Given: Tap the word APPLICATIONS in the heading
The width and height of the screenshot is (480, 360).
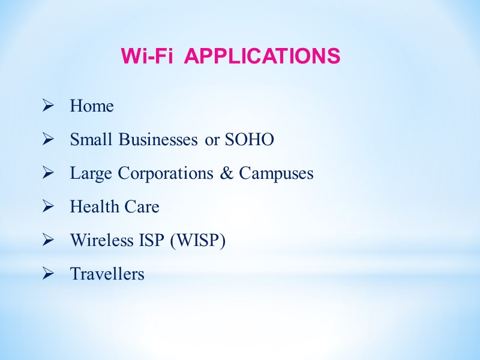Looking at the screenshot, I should point(262,56).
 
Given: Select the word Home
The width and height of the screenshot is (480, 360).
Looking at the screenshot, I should point(92,106).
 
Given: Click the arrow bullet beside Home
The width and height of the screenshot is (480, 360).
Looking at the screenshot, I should point(47,106).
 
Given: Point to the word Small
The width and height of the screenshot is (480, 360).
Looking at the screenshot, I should point(92,140).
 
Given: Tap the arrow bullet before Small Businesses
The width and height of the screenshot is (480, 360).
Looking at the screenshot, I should point(47,140).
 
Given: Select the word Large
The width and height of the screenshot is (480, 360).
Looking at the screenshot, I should point(92,173).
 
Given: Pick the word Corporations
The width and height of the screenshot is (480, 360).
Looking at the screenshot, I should point(166,173).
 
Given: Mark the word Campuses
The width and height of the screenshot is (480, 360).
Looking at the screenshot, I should point(276,173).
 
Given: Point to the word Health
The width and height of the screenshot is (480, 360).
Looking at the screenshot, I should point(94,207).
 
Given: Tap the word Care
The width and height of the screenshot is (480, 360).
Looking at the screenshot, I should point(142,207).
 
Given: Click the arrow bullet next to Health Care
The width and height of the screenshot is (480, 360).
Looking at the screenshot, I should point(47,207).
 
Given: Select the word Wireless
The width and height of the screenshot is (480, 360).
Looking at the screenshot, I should point(102,241).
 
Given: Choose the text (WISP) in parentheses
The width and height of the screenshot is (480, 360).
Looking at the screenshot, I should point(197,241).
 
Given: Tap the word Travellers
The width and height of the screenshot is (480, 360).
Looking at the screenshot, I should point(107,274).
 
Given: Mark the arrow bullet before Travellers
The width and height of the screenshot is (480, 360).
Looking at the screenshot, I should point(47,274).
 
